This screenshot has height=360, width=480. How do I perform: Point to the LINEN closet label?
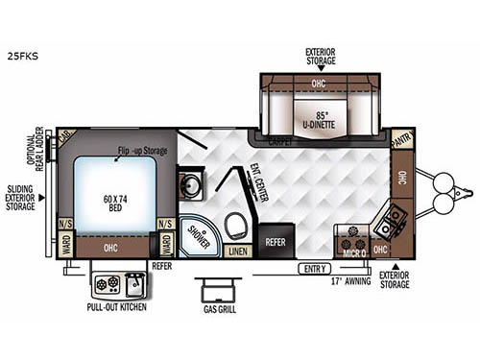(235, 252)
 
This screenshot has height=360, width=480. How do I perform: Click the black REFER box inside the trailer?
(276, 242)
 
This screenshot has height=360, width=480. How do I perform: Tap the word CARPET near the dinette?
(280, 141)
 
